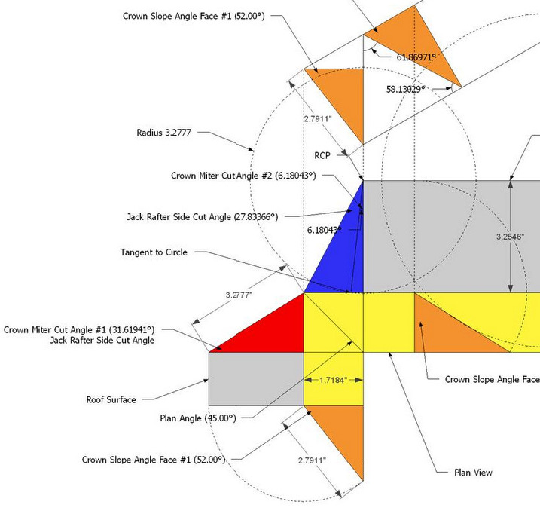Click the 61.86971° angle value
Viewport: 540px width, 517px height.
(416, 57)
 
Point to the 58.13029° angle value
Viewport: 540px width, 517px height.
(407, 88)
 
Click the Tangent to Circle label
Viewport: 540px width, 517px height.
(154, 252)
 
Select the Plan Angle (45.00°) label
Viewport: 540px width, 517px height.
(198, 418)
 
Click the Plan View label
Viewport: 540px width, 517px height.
(473, 473)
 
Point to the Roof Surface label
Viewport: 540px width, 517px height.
(109, 399)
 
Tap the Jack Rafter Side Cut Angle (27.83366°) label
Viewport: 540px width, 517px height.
(202, 216)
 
